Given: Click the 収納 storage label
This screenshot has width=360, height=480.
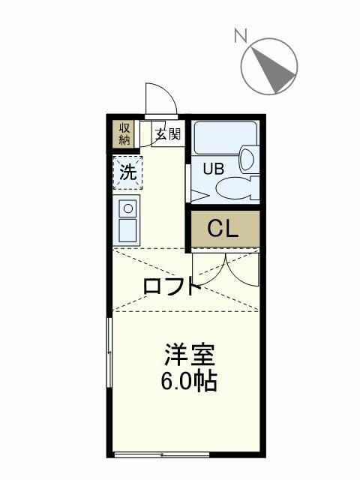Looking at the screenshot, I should click(124, 133).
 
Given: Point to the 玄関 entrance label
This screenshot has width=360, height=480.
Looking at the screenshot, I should click(167, 135).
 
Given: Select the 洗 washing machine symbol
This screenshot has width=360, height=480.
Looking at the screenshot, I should click(128, 172).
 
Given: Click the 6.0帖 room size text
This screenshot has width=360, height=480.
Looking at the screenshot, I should click(188, 382).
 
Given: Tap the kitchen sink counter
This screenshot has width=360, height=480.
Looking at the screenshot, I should click(127, 218).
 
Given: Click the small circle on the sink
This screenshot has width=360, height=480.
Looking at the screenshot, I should click(128, 208).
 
